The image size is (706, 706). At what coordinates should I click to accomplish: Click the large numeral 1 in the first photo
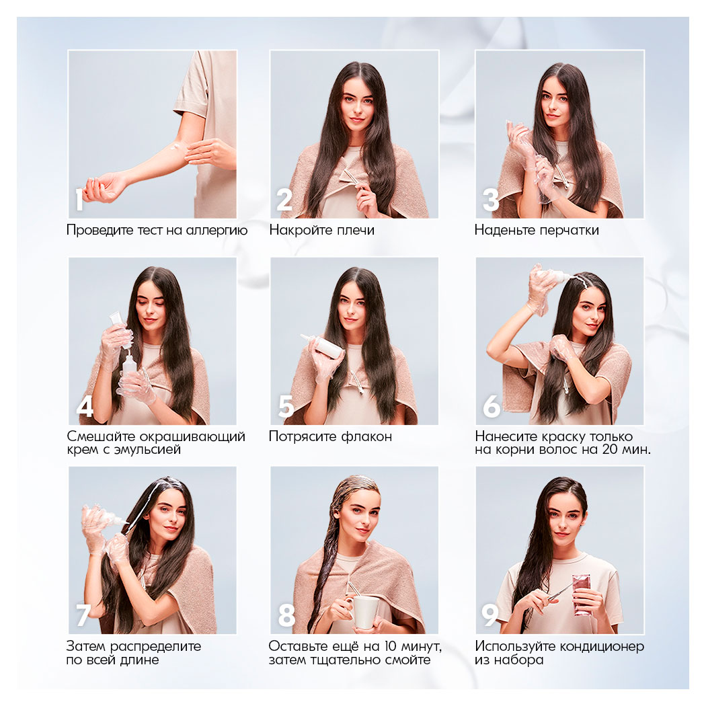click(x=80, y=200)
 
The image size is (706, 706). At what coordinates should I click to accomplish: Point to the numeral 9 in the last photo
click(x=490, y=615)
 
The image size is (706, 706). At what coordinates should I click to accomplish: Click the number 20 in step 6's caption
click(x=610, y=449)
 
